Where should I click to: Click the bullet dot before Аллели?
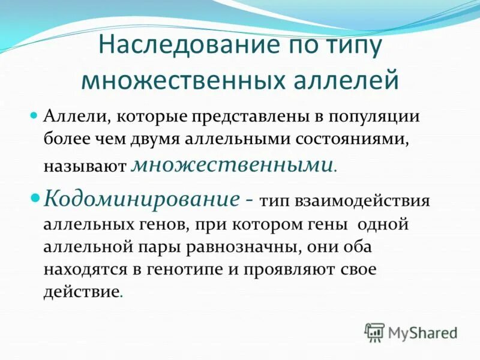pos(34,113)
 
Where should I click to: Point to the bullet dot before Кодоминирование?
pos(35,197)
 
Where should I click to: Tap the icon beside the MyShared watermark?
pos(375,332)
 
